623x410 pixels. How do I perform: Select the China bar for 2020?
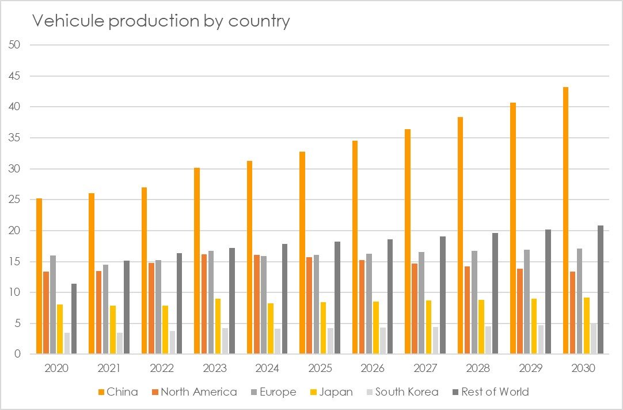(x=39, y=276)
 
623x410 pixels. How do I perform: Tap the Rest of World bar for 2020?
(x=74, y=319)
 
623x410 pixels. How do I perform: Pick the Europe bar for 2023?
(x=211, y=303)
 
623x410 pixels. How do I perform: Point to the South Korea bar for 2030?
(x=594, y=338)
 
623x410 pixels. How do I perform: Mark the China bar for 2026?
(x=355, y=247)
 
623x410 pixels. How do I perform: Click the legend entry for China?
(x=117, y=392)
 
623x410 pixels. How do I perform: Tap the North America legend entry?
(x=193, y=392)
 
